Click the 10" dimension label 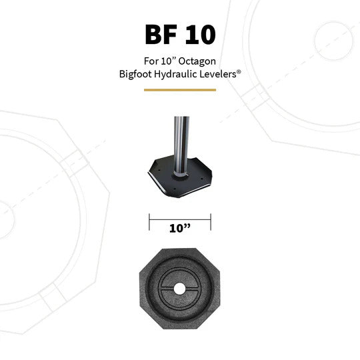pyautogui.click(x=179, y=228)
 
